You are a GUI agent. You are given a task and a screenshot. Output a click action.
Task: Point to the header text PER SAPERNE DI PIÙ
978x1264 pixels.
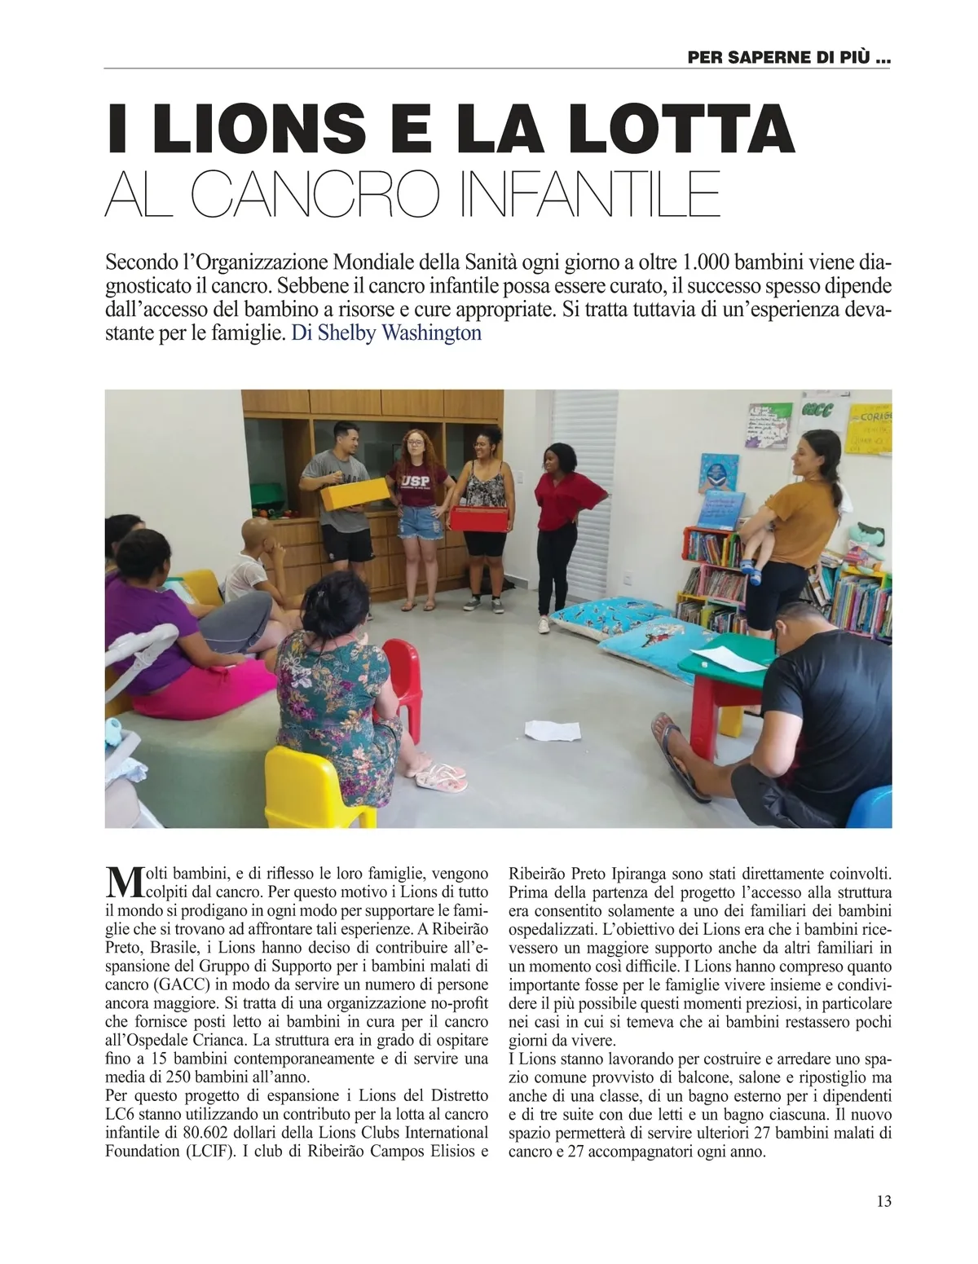pos(788,58)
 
